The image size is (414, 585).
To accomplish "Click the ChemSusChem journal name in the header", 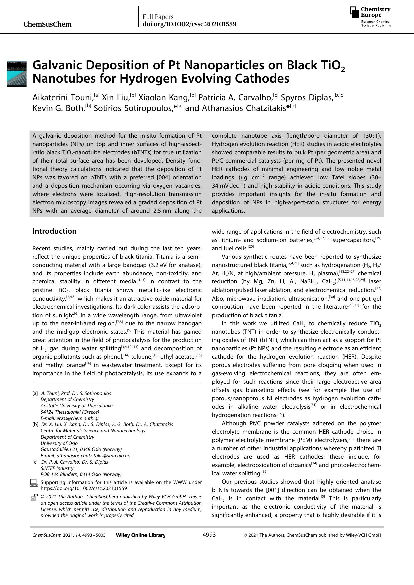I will [x=47, y=24].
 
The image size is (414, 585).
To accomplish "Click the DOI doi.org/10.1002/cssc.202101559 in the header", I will [x=189, y=24].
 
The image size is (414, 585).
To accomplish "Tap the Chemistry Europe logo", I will [x=370, y=17].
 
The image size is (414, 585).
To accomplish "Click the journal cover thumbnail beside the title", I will [x=17, y=74].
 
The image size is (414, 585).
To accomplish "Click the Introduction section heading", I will [x=54, y=231].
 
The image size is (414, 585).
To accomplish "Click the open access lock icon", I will [x=33, y=497].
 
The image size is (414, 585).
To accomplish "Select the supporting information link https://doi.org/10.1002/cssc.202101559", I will [x=83, y=488].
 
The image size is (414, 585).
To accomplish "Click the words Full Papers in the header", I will [x=158, y=17].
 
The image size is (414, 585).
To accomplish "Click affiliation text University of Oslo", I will [x=59, y=443].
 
